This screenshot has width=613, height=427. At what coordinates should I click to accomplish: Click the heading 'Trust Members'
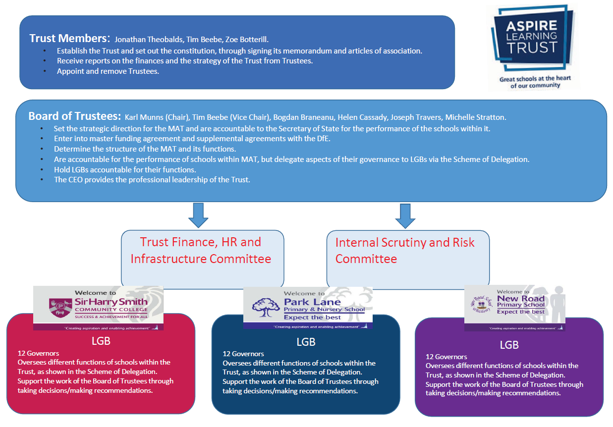(69, 38)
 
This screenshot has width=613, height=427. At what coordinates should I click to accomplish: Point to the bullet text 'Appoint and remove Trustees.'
(108, 71)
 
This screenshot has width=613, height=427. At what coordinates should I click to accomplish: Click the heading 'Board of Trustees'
(74, 116)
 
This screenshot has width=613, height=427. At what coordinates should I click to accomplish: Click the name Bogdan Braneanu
(302, 117)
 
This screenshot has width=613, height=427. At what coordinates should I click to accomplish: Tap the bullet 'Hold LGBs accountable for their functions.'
(125, 169)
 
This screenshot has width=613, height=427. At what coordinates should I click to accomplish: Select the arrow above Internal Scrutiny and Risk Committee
(405, 215)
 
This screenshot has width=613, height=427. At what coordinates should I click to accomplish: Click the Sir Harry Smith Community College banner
(98, 308)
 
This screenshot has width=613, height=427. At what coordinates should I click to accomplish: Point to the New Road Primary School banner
(514, 308)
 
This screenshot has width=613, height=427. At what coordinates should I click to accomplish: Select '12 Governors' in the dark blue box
(243, 354)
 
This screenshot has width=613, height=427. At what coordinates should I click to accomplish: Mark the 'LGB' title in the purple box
(509, 345)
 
